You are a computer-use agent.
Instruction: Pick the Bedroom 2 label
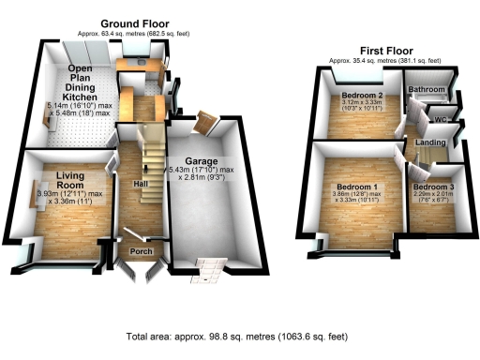click(x=361, y=96)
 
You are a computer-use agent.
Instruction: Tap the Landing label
click(x=431, y=142)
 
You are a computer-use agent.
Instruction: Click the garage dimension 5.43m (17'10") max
click(x=200, y=170)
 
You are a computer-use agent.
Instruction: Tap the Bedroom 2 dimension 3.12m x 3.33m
click(x=361, y=103)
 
